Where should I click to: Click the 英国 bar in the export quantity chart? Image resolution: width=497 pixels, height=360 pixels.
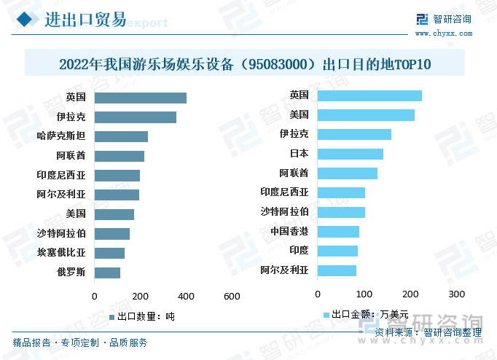[140, 98]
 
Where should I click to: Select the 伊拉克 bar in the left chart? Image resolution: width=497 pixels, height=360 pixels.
[135, 117]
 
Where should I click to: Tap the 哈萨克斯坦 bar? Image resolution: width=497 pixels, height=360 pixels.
[121, 136]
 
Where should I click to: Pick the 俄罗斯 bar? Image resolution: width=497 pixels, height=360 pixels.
[107, 273]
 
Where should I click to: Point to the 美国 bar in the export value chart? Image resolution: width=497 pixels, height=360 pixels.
[366, 114]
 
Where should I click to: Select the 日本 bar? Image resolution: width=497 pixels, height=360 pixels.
[350, 154]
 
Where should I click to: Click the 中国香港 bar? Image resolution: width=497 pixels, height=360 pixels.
[338, 232]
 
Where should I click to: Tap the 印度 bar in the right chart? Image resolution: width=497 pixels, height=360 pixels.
[337, 251]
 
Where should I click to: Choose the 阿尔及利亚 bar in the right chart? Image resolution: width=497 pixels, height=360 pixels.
[337, 270]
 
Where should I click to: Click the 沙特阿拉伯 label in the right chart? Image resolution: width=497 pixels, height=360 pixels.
[284, 212]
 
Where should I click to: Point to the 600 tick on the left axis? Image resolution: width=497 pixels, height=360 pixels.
[232, 297]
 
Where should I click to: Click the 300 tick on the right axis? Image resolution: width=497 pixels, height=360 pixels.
[456, 294]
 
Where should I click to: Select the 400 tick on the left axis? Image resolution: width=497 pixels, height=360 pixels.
[186, 297]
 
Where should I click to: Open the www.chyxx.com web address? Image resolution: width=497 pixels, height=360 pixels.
[443, 33]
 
